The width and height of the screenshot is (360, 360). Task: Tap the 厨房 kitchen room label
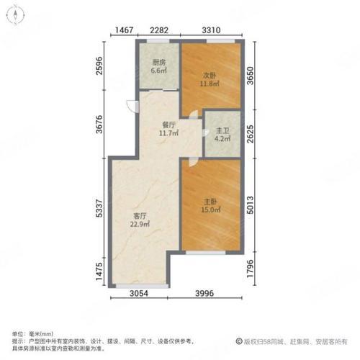pyautogui.click(x=159, y=63)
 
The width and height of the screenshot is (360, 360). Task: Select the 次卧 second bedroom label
pyautogui.click(x=210, y=76)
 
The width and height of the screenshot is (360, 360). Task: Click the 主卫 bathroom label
pyautogui.click(x=222, y=131)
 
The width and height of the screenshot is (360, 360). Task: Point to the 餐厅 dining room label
pyautogui.click(x=168, y=125)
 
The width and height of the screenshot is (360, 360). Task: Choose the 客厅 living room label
pyautogui.click(x=140, y=216)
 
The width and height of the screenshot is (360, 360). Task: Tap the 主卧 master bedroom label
pyautogui.click(x=210, y=202)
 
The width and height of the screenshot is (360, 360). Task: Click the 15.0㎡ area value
pyautogui.click(x=211, y=210)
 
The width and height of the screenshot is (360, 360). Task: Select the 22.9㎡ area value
pyautogui.click(x=140, y=225)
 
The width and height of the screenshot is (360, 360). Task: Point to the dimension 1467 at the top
pyautogui.click(x=125, y=30)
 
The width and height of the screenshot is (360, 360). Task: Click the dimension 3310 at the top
pyautogui.click(x=211, y=30)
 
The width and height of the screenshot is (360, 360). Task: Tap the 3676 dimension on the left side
pyautogui.click(x=99, y=125)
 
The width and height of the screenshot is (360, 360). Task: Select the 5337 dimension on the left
pyautogui.click(x=99, y=208)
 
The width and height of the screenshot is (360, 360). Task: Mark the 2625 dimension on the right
pyautogui.click(x=250, y=134)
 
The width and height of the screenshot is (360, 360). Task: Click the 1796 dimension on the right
pyautogui.click(x=250, y=269)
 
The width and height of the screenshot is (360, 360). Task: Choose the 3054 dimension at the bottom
pyautogui.click(x=139, y=293)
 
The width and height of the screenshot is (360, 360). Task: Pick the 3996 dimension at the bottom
pyautogui.click(x=204, y=293)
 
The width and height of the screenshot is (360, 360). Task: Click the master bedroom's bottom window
pyautogui.click(x=206, y=252)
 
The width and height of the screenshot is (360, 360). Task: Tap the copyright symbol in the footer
pyautogui.click(x=239, y=341)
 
